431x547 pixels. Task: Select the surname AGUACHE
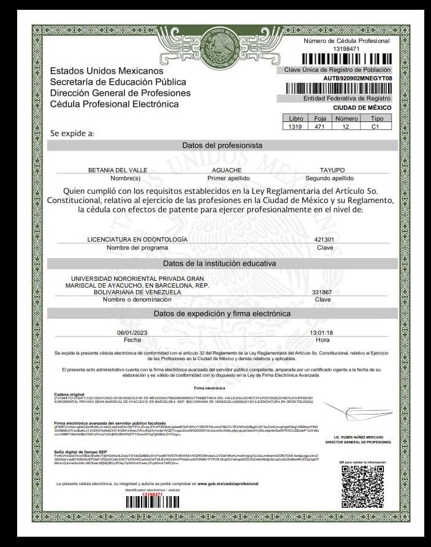tap(226, 170)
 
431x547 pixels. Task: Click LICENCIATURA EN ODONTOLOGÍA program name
tap(137, 239)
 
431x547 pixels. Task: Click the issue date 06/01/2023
tap(132, 332)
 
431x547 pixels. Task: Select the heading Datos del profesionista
tap(222, 145)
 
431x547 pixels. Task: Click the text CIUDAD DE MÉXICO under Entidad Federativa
tap(362, 107)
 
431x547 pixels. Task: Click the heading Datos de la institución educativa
tap(219, 263)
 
